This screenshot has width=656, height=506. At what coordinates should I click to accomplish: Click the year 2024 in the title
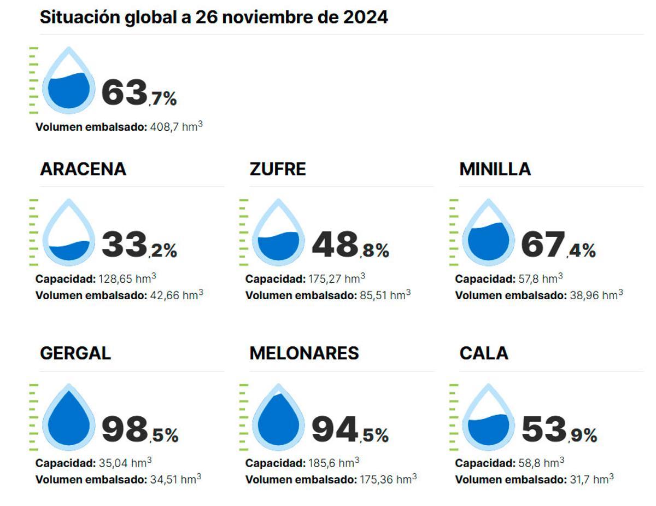(x=365, y=17)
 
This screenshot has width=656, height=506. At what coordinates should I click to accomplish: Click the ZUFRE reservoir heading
(x=278, y=169)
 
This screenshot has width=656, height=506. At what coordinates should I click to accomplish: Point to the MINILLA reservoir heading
(x=495, y=169)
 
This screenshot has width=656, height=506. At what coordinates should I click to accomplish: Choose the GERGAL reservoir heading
(x=75, y=353)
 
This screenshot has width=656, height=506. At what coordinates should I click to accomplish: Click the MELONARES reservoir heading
(x=304, y=353)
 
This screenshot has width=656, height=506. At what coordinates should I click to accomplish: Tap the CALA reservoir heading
(x=484, y=353)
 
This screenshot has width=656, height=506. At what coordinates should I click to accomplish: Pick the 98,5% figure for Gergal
(x=139, y=429)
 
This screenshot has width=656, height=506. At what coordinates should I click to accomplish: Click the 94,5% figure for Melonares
(x=350, y=429)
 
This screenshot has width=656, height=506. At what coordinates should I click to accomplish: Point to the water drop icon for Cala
(x=488, y=417)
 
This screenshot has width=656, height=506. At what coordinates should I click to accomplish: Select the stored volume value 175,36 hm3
(x=388, y=480)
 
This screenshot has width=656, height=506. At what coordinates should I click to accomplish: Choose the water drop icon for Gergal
(x=69, y=417)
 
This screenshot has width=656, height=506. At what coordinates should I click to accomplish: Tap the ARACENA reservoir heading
(x=83, y=169)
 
